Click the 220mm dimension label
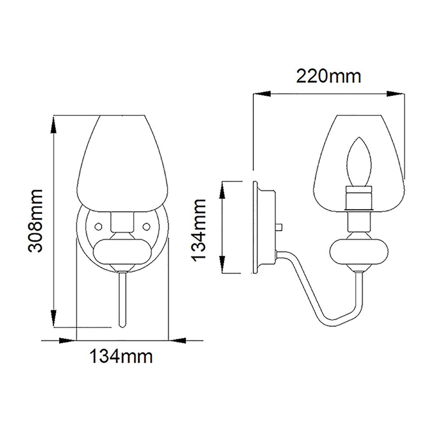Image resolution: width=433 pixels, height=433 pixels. click(x=328, y=76)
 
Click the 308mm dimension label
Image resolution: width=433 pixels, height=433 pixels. click(x=36, y=220)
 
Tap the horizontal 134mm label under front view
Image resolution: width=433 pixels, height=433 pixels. click(x=121, y=357)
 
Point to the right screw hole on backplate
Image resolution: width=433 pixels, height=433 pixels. click(x=147, y=226)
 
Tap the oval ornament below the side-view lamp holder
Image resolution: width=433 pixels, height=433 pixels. click(x=360, y=252)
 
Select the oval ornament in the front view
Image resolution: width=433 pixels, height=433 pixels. click(x=122, y=251)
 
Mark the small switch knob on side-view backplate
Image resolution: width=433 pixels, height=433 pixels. click(x=279, y=227)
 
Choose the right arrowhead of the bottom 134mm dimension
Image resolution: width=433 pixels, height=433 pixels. click(x=178, y=340)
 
